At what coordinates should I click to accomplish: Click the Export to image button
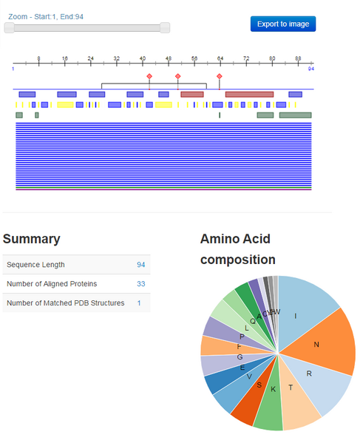[283, 24]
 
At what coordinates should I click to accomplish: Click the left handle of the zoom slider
[9, 27]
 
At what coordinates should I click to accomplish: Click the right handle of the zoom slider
[165, 27]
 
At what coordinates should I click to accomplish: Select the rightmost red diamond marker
[220, 76]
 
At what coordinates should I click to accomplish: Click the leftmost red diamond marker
[149, 76]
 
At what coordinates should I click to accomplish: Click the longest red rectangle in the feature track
[249, 94]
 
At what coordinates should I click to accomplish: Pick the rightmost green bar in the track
[295, 115]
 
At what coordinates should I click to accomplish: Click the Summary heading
[31, 239]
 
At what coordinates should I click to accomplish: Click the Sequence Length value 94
[140, 265]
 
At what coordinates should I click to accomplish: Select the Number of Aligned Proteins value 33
[140, 284]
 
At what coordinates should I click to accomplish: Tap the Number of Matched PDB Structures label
[65, 303]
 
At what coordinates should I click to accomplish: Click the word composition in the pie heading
[237, 260]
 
